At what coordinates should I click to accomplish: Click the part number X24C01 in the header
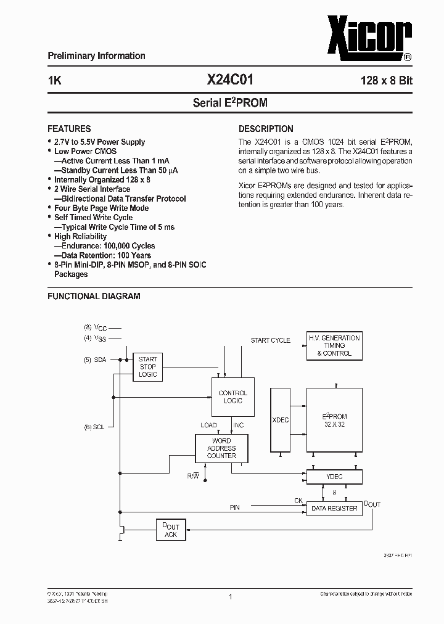[229, 80]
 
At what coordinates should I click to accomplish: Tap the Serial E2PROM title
[230, 103]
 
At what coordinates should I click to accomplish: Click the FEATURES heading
[69, 129]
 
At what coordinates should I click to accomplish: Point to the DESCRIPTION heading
[266, 129]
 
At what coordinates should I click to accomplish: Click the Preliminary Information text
[96, 56]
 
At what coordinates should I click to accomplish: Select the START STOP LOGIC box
[147, 367]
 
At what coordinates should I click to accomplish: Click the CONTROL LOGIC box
[232, 396]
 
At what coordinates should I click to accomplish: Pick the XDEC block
[281, 420]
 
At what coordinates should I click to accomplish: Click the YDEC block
[334, 477]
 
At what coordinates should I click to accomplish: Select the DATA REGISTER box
[334, 508]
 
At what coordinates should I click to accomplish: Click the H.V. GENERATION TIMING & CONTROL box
[334, 345]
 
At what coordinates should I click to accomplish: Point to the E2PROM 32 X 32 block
[334, 420]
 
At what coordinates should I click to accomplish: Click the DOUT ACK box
[170, 530]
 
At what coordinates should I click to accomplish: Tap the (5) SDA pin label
[96, 359]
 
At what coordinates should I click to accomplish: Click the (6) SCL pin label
[96, 426]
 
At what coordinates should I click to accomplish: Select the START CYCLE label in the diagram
[270, 340]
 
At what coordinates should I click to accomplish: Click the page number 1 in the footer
[229, 596]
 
